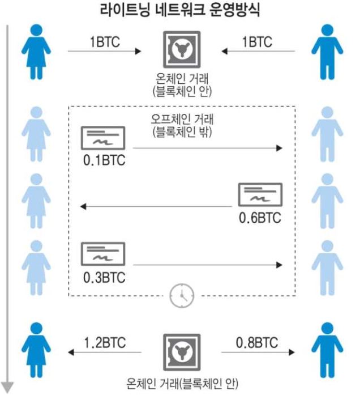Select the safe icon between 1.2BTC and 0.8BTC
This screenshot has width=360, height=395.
click(181, 353)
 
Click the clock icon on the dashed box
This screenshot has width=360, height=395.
click(181, 295)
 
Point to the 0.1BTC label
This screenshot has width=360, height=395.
click(104, 160)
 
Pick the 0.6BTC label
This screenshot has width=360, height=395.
click(261, 218)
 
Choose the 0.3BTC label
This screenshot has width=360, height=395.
click(104, 278)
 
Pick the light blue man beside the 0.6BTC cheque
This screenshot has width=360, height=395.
click(327, 202)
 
